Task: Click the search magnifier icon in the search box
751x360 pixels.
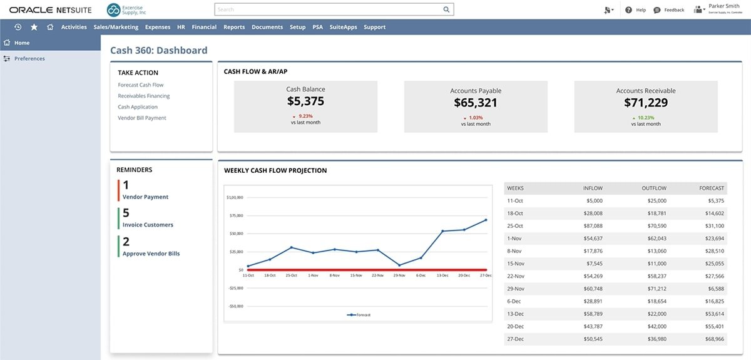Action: [446, 9]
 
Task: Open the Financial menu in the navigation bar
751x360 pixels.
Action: [204, 27]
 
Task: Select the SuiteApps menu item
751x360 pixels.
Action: [343, 27]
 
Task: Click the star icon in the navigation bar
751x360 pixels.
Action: [34, 27]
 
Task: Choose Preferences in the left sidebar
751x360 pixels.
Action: [29, 58]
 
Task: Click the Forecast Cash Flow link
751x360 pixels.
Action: [140, 85]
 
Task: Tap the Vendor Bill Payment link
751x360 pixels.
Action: [142, 118]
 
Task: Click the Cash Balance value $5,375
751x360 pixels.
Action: [305, 101]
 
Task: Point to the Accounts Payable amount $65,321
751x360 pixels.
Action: [476, 103]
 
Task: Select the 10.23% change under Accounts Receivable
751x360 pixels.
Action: [645, 116]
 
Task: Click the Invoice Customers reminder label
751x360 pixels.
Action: [148, 225]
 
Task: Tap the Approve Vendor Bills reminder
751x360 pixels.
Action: [151, 254]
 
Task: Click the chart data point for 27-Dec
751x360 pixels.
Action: [486, 220]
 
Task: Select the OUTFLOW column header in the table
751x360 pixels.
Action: [653, 188]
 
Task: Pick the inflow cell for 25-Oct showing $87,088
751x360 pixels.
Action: [590, 225]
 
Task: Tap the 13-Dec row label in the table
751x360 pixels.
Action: [515, 314]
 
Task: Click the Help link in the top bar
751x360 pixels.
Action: [636, 10]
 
